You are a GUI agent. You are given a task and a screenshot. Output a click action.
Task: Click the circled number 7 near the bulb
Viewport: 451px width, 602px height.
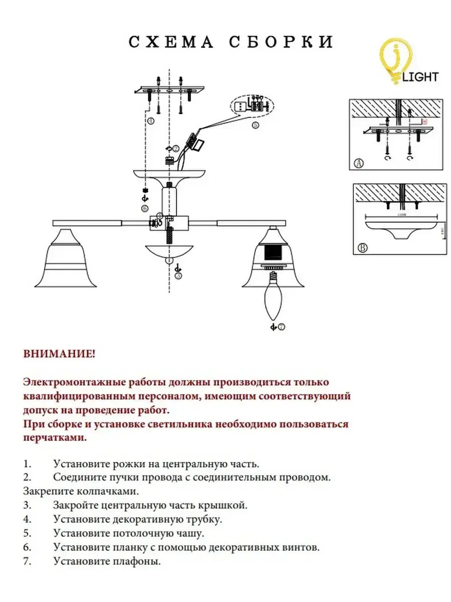coord(281,327)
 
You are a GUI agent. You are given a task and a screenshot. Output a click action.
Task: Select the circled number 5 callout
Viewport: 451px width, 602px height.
coord(256,125)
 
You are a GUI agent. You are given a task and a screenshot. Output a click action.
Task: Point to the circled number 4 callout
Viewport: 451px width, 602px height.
coord(150,121)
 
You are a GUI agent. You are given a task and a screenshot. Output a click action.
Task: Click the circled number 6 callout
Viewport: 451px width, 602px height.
coord(145,208)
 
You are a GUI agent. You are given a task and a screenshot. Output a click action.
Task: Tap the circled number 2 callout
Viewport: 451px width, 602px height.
coord(176,148)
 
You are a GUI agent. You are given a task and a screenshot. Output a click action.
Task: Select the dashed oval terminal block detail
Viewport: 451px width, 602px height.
coord(252,106)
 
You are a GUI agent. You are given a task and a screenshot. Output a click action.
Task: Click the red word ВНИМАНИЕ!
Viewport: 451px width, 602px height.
coord(59,354)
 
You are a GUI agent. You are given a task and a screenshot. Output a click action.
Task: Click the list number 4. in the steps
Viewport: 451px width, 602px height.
coord(27,519)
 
